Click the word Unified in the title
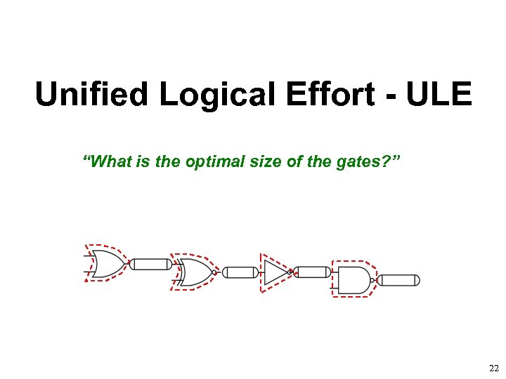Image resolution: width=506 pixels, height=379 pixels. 93,95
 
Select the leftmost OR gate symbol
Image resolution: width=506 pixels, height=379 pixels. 105,263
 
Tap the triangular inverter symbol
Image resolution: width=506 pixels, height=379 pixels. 275,272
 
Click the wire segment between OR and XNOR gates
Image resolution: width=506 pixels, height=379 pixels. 151,264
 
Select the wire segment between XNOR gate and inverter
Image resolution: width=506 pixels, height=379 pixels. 240,272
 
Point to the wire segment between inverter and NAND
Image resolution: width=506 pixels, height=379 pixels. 312,272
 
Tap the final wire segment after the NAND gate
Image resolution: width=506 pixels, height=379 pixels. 400,281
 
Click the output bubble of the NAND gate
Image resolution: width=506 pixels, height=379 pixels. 376,280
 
